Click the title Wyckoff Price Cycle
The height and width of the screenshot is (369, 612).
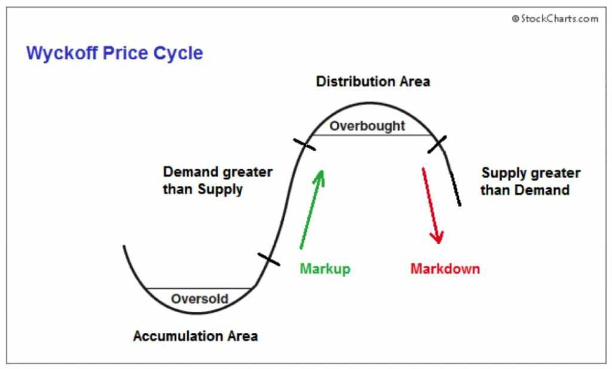coord(114,53)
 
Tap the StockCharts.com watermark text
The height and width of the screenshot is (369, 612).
coord(555,19)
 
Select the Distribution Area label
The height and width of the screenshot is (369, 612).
coord(372,81)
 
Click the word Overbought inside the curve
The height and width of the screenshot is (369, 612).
coord(367,126)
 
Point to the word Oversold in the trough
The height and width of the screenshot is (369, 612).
coord(200,298)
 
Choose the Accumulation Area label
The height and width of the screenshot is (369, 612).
coord(195,336)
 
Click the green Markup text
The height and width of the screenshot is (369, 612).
coord(325,269)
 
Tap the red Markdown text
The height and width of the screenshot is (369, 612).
coord(445,269)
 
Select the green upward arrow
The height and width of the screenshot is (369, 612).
coord(311,209)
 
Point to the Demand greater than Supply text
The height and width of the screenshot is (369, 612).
coord(218,181)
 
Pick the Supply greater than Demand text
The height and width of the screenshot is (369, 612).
coord(531,181)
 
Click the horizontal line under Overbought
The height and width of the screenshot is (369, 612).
coord(371,135)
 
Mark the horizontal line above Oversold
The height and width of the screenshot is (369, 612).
coord(200,288)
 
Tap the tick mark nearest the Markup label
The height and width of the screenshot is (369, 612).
coord(268,259)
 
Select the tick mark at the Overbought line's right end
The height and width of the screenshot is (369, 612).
coord(437,144)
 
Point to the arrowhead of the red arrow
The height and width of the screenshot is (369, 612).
coord(438,238)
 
